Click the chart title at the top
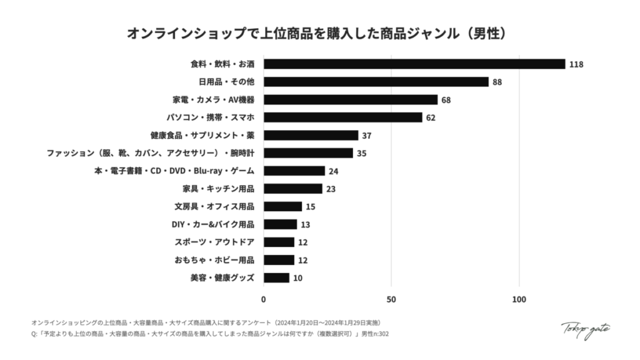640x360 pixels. coord(319,32)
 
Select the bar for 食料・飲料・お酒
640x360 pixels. coord(414,64)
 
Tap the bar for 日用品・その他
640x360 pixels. coord(376,82)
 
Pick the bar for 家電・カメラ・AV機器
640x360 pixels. coord(350,99)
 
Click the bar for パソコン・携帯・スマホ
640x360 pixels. coord(342,117)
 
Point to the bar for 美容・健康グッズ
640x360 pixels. coord(276,278)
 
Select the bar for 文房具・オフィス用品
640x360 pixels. coord(282,206)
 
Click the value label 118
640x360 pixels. coord(576,64)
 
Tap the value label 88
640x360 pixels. coord(497,82)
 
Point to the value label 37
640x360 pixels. coord(367,136)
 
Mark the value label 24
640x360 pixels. coord(334,171)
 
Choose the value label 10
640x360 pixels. coord(297,278)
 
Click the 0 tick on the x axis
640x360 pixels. coord(264,299)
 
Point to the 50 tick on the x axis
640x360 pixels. coord(391,299)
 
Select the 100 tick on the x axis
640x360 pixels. coord(519,299)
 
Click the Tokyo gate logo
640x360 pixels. coord(586,329)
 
